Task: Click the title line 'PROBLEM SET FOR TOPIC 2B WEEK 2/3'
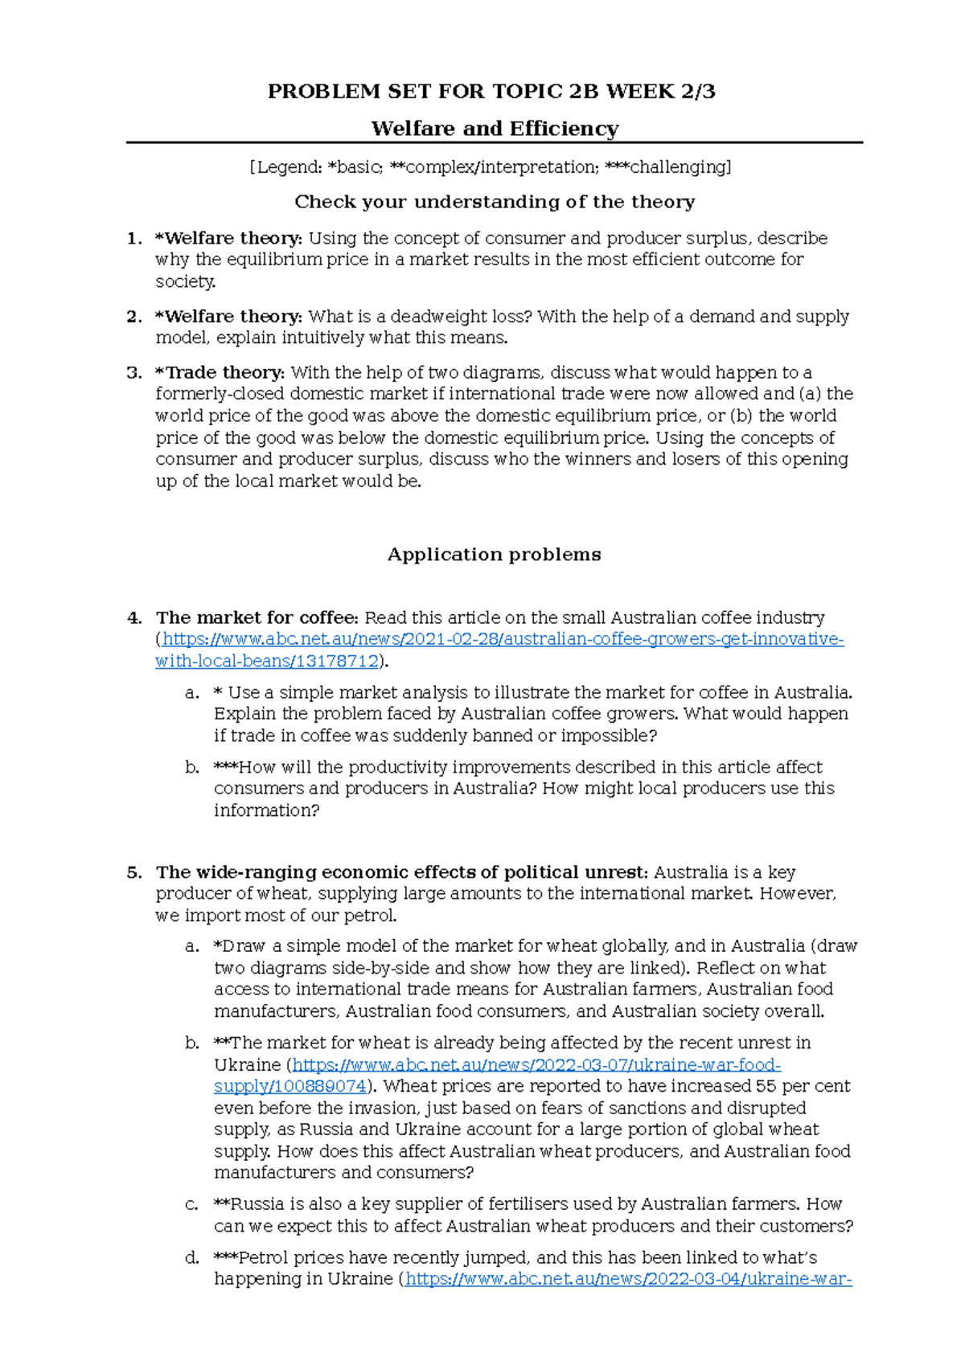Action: pos(491,92)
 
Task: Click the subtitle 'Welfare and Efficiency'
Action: pos(495,129)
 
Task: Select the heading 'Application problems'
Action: pos(494,555)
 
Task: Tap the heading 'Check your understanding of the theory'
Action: pos(494,202)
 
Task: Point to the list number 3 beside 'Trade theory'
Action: pos(133,373)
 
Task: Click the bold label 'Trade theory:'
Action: pos(220,373)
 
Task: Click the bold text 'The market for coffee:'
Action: pos(257,618)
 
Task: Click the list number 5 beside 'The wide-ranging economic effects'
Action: pos(133,873)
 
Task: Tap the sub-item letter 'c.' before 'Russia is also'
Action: pos(191,1204)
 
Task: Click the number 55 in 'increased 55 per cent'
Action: pos(766,1087)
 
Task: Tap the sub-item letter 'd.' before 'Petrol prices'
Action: pos(191,1258)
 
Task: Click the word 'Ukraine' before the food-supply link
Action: pos(247,1065)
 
